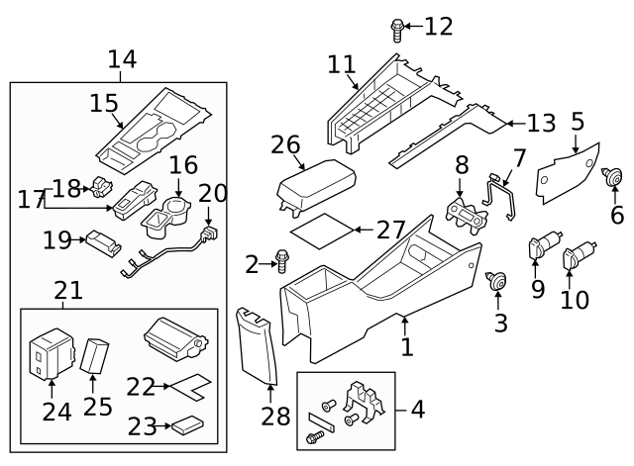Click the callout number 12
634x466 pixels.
tap(438, 27)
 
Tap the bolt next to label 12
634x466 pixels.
tap(397, 30)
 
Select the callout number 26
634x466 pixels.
tap(286, 145)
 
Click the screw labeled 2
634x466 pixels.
tap(282, 262)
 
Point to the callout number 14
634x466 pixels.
tap(122, 59)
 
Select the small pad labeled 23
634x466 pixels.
tap(186, 426)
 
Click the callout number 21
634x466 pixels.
tap(67, 291)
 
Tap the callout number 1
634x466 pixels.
tap(405, 348)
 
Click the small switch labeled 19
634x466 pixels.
tap(101, 240)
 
